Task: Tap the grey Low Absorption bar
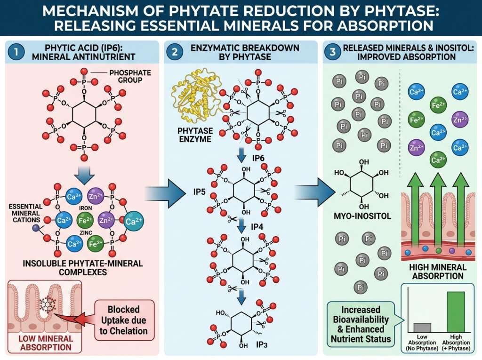coord(422,328)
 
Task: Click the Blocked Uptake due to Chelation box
coord(124,320)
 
